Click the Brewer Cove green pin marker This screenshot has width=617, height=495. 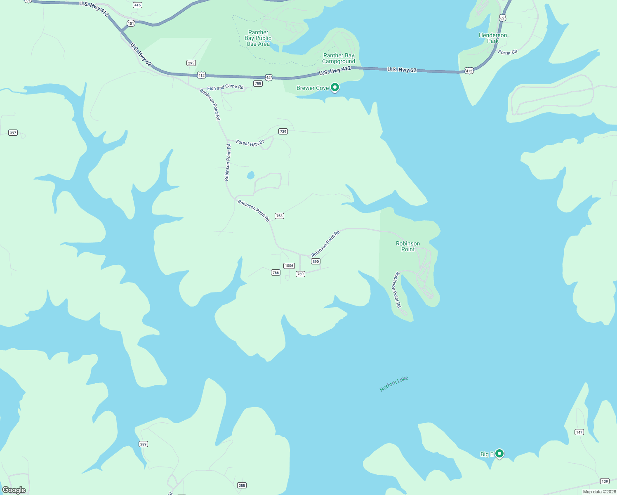click(x=335, y=87)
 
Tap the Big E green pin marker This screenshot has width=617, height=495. click(x=499, y=453)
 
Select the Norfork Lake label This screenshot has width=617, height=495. click(x=394, y=384)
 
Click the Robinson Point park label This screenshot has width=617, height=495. click(x=408, y=246)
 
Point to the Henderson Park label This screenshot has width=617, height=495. click(x=493, y=38)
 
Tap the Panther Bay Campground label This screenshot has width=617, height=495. click(x=339, y=58)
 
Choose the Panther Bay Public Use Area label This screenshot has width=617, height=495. click(x=258, y=38)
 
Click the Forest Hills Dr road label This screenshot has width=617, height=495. click(x=250, y=143)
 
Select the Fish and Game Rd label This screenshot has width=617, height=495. click(x=225, y=87)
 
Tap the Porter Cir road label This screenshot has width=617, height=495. click(x=508, y=52)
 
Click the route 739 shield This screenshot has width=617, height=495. click(x=283, y=132)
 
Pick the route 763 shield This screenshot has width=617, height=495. click(x=279, y=216)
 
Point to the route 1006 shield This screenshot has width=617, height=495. click(x=289, y=266)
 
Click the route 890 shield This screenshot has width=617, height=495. click(x=316, y=262)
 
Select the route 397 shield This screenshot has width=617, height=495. click(x=13, y=133)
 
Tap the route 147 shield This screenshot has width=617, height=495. click(x=579, y=432)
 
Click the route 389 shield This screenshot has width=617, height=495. click(x=143, y=444)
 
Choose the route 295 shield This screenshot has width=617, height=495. click(x=191, y=63)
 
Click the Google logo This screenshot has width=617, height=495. click(x=14, y=490)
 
